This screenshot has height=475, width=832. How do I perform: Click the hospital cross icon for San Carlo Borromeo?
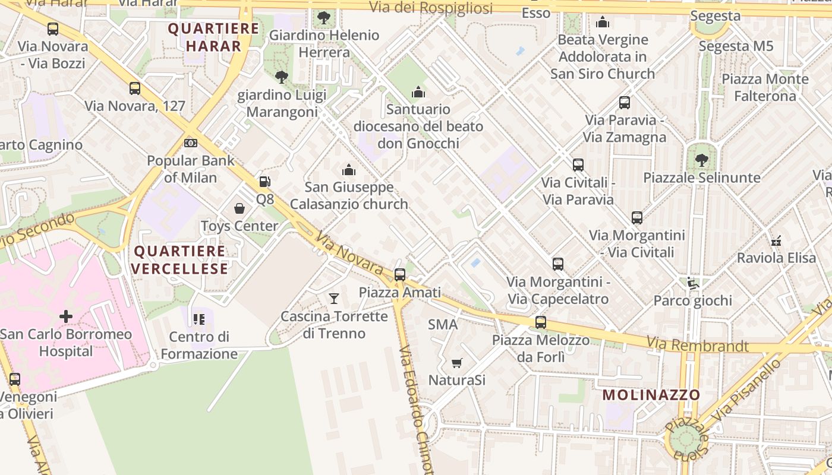point(66,316)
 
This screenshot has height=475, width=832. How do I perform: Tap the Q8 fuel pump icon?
point(265,182)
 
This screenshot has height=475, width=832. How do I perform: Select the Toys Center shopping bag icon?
point(239,208)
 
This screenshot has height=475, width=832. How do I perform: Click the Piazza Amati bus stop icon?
point(400,274)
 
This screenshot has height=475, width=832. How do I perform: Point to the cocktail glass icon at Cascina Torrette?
point(334,298)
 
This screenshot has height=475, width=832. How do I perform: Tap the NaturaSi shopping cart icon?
point(456,363)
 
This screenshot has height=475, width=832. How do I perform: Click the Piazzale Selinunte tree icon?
point(701,160)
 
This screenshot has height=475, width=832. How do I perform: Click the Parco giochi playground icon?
point(692,283)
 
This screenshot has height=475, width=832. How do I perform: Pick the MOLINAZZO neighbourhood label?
point(651,395)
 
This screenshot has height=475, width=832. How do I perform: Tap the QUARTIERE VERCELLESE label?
point(179,260)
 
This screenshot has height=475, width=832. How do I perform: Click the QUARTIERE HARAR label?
point(213,37)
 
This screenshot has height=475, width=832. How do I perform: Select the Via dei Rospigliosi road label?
point(431,8)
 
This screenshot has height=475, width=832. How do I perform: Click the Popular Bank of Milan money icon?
point(191,143)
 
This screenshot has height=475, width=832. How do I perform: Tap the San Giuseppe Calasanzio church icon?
point(349,170)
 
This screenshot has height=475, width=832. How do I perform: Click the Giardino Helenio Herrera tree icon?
point(324,17)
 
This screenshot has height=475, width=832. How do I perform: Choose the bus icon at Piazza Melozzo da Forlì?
point(540,322)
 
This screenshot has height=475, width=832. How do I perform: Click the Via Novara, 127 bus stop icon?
point(135,88)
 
